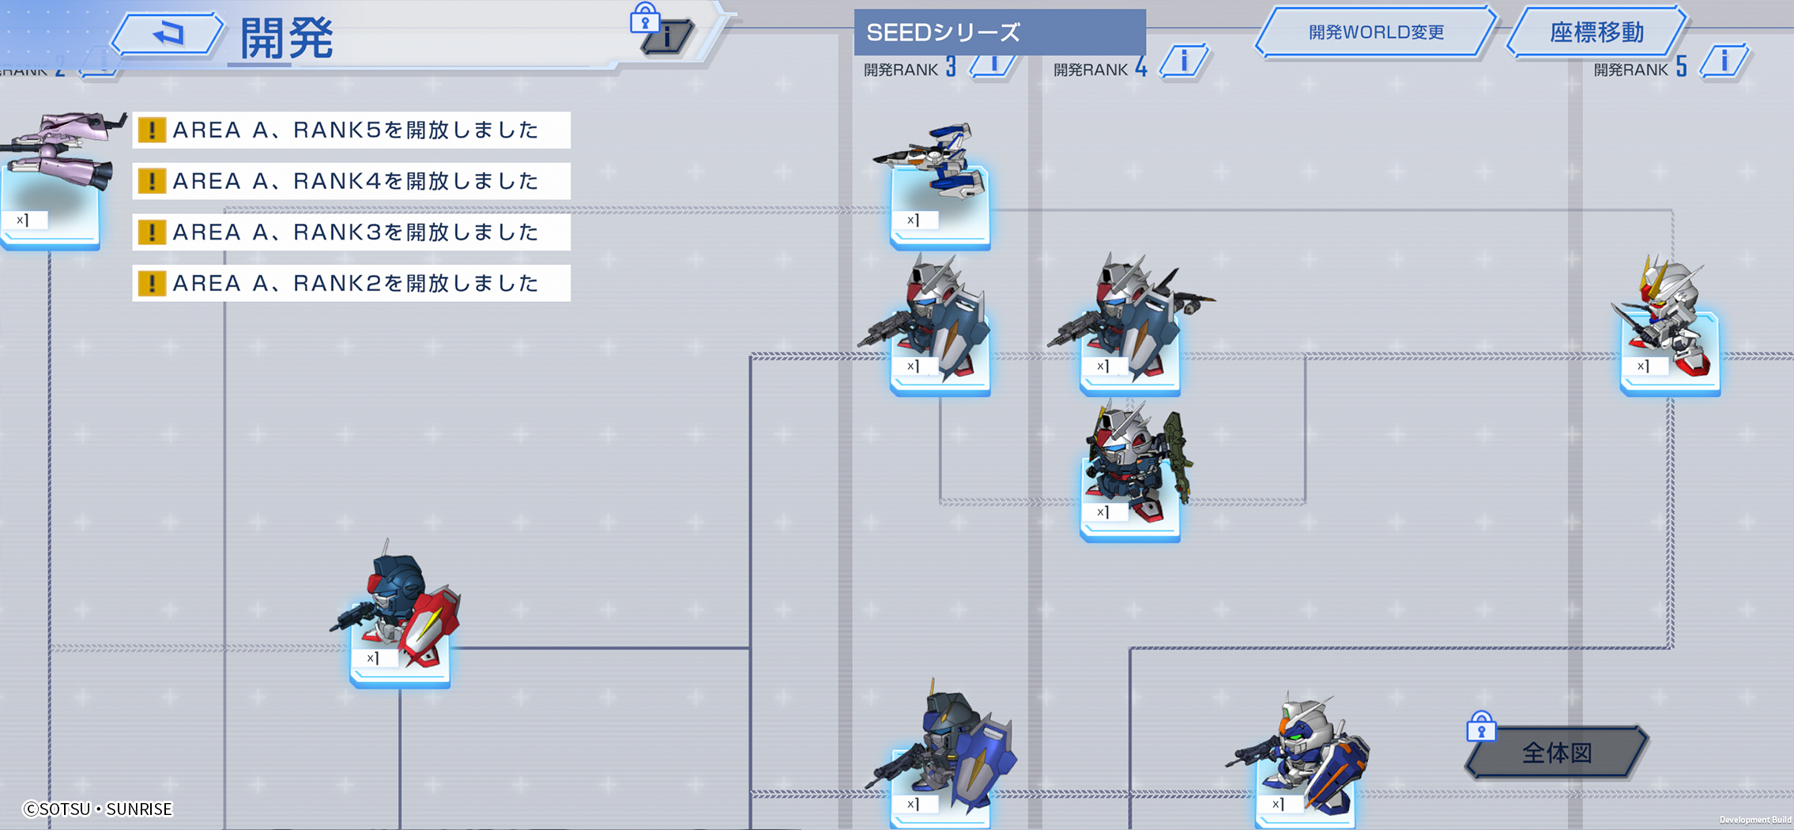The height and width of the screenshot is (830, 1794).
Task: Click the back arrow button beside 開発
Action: (x=168, y=34)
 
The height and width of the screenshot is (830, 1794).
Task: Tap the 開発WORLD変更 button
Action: (x=1376, y=32)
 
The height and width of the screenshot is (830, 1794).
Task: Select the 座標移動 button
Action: (x=1596, y=32)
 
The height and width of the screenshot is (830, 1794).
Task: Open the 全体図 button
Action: (x=1556, y=753)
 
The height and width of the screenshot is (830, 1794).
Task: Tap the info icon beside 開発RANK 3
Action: (x=993, y=63)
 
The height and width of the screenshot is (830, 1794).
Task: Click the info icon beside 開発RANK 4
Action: (x=1184, y=62)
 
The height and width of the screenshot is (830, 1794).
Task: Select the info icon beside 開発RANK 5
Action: (x=1724, y=62)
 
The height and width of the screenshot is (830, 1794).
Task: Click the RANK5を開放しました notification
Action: (x=352, y=130)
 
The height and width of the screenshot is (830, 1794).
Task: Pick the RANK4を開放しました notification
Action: (x=352, y=181)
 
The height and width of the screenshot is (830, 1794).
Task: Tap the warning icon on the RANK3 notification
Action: (x=152, y=232)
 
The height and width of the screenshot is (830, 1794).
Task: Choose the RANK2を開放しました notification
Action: (x=352, y=283)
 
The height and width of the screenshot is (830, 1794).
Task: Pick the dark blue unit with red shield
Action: (x=395, y=605)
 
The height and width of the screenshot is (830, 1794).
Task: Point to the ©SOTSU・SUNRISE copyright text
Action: (x=98, y=809)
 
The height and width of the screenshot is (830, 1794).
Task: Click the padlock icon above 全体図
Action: (x=1481, y=726)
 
